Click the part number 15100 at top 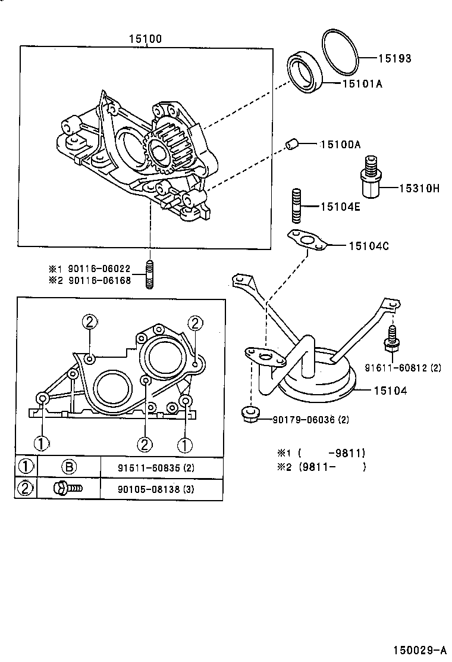pos(145,39)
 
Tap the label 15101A pos(362,84)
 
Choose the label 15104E pos(341,207)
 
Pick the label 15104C pos(369,245)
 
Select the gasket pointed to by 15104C pos(307,241)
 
